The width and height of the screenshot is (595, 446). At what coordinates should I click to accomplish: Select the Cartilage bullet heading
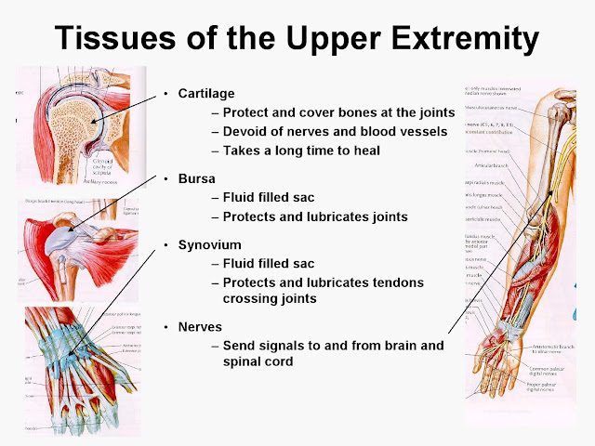tap(206, 94)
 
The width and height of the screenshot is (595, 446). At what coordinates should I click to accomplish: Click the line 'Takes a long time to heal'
tap(303, 151)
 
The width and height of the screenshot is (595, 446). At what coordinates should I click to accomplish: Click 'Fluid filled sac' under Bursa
tap(270, 197)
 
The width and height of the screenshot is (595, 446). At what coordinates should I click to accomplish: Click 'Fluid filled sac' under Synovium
tap(270, 264)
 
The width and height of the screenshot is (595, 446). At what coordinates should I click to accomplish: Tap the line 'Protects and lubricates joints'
tap(316, 216)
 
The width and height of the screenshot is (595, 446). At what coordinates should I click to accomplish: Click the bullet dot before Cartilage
tap(165, 94)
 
